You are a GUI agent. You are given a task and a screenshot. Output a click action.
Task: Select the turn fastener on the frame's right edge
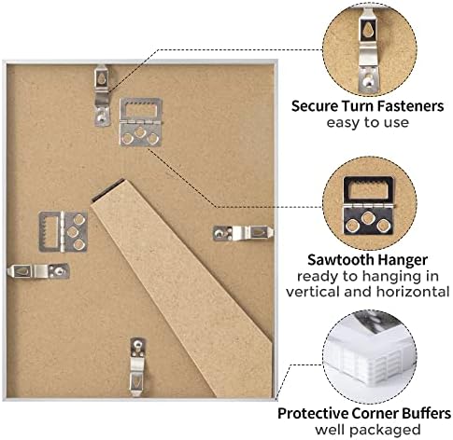243,233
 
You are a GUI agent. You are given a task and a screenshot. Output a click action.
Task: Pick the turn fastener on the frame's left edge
38,271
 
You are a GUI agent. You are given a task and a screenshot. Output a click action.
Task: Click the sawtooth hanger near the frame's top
141,122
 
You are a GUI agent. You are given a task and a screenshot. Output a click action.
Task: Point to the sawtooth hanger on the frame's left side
64,232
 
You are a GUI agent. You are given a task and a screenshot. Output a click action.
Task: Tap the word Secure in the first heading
315,106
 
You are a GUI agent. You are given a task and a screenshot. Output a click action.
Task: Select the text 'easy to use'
367,122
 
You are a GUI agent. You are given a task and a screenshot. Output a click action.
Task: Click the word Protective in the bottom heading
313,413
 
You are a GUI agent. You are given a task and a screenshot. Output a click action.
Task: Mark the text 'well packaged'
367,430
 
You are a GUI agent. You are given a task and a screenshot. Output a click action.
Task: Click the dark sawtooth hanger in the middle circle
368,205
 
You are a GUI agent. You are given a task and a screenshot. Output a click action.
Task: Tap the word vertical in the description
314,292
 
